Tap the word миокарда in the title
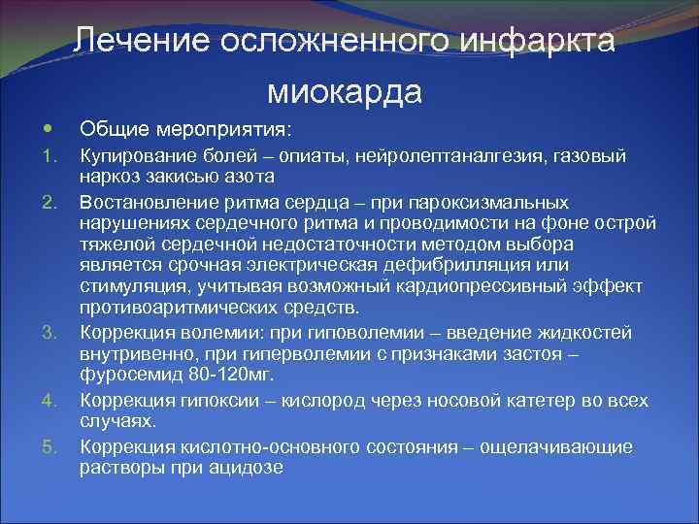(345, 91)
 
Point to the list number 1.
(52, 155)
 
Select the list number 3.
(52, 335)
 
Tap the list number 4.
(52, 400)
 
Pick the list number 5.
(52, 446)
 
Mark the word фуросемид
(126, 376)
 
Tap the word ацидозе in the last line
(248, 467)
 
